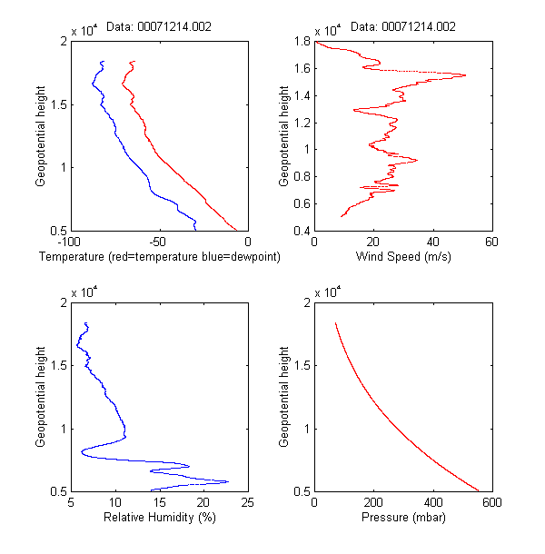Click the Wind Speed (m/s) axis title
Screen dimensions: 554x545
pyautogui.click(x=402, y=257)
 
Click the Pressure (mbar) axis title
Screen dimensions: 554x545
pyautogui.click(x=402, y=517)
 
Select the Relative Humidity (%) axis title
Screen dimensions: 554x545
pyautogui.click(x=159, y=517)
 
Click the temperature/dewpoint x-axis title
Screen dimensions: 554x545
pyautogui.click(x=159, y=257)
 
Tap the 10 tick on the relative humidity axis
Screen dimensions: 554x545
pyautogui.click(x=115, y=502)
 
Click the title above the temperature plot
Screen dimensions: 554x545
pyautogui.click(x=159, y=27)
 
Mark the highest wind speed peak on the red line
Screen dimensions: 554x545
pyautogui.click(x=465, y=75)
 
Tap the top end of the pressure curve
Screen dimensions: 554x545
pyautogui.click(x=335, y=322)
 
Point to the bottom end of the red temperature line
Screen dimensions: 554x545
pyautogui.click(x=236, y=230)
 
